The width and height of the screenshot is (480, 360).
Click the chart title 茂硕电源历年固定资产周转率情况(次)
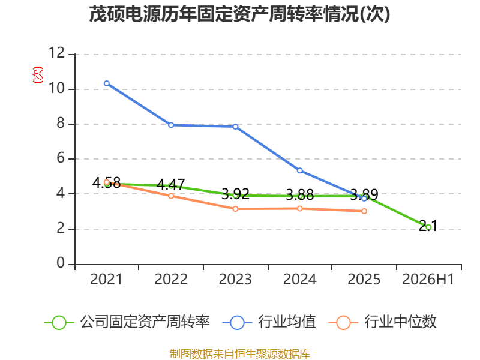239,14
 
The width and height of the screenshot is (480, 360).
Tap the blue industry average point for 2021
107,83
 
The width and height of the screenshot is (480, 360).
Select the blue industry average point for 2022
171,125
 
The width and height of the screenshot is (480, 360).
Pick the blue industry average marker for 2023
235,127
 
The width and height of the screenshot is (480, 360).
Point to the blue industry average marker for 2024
300,170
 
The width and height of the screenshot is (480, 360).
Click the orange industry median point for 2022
171,196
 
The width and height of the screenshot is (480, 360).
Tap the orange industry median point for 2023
235,209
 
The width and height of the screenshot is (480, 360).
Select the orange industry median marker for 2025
364,211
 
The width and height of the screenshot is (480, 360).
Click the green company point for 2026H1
428,227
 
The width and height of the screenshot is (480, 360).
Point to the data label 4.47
171,184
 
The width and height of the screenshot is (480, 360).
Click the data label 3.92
235,194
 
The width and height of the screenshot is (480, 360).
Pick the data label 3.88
300,194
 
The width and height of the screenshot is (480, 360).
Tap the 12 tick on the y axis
57,53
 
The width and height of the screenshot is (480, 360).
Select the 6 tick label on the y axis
61,158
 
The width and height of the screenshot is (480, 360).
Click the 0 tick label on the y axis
61,263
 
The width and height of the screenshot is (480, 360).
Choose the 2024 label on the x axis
300,279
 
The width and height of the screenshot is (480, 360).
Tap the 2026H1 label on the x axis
428,279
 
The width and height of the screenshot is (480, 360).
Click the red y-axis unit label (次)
38,75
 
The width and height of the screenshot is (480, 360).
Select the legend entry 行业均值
269,322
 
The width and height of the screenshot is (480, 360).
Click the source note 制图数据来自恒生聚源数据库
240,354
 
